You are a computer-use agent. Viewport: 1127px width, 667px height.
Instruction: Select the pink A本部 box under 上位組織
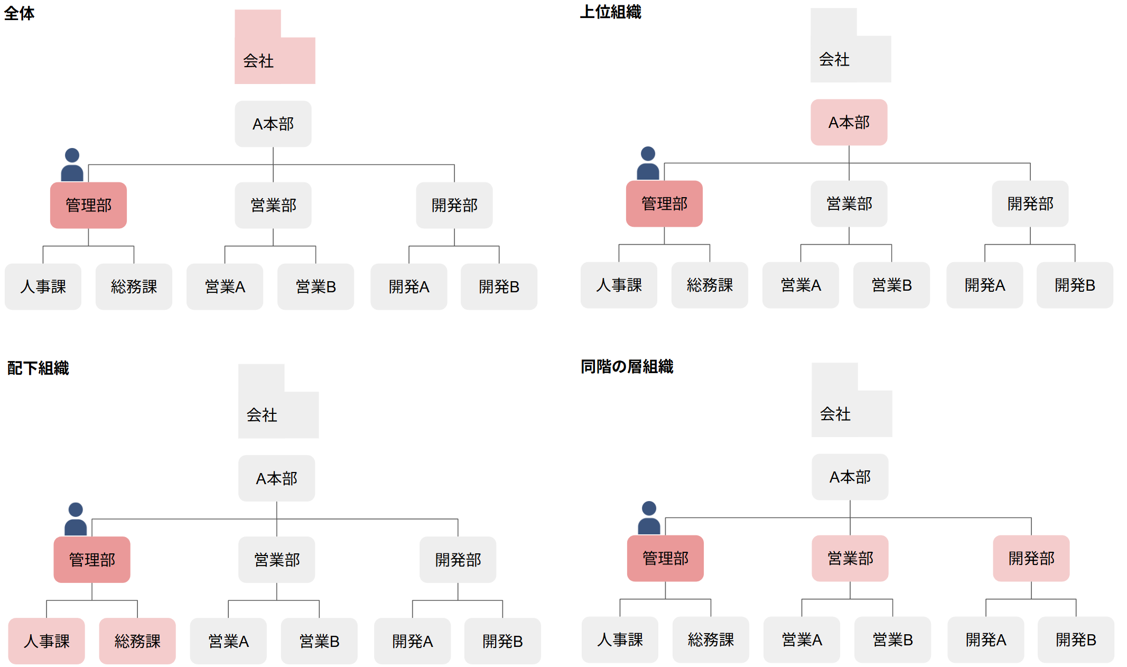click(x=849, y=122)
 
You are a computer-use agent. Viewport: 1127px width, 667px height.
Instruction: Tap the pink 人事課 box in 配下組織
click(x=46, y=641)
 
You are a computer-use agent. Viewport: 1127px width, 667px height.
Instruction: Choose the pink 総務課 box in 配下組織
click(x=137, y=641)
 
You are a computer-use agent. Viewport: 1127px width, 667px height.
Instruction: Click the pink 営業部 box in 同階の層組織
click(x=850, y=558)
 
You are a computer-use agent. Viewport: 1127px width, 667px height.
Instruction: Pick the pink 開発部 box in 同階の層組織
click(x=1031, y=558)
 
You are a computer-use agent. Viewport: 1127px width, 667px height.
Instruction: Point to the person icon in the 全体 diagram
click(x=72, y=165)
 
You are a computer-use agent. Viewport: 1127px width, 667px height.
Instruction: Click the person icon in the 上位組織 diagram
click(x=648, y=163)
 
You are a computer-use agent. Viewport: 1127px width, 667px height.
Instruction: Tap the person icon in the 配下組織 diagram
click(x=76, y=519)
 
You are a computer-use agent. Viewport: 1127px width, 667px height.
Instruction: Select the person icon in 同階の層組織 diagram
click(x=649, y=518)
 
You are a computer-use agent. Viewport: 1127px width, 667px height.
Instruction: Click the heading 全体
click(x=20, y=13)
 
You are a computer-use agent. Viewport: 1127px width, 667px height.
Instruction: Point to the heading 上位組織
click(x=610, y=12)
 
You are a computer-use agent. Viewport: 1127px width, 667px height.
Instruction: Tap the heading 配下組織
click(x=38, y=368)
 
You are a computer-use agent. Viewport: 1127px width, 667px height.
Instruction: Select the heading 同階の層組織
click(x=627, y=366)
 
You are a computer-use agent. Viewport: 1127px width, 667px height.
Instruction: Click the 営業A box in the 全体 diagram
click(x=225, y=286)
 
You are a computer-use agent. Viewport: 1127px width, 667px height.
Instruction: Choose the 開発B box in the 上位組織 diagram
click(x=1075, y=285)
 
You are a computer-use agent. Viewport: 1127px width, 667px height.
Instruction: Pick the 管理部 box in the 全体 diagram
click(x=88, y=205)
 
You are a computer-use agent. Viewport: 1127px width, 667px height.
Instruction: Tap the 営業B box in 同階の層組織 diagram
click(x=892, y=640)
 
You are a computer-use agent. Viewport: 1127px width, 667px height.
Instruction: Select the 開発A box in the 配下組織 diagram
click(x=412, y=641)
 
